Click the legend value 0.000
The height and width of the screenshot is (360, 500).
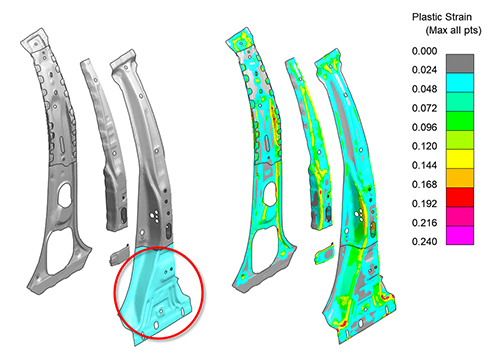424,51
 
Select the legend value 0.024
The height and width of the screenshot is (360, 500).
424,70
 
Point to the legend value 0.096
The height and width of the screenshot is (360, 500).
424,127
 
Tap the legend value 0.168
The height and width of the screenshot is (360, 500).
424,184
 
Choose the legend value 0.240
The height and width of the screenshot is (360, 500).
424,241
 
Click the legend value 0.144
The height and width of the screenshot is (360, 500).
424,165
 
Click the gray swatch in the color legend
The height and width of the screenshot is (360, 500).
460,64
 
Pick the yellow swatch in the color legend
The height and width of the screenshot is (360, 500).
460,159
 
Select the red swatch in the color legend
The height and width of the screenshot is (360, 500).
460,197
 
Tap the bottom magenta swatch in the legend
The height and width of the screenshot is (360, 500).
460,235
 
